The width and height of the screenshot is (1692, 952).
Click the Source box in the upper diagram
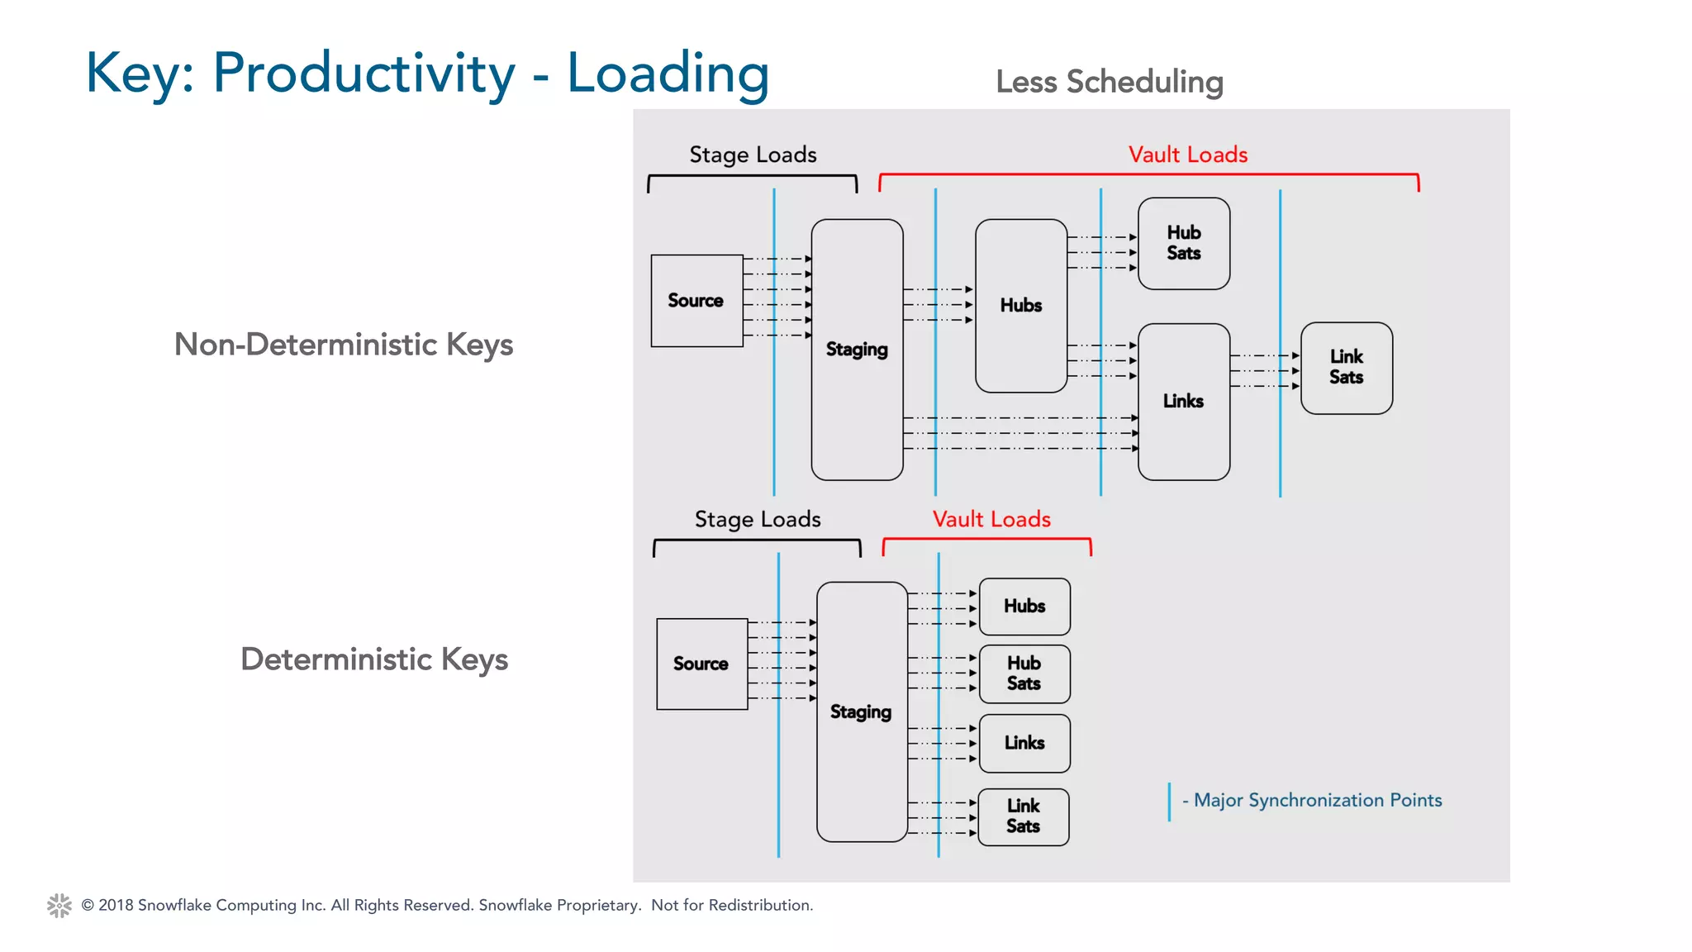696,301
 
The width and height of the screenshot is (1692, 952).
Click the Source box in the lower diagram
701,664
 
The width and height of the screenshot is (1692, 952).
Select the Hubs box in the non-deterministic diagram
1021,306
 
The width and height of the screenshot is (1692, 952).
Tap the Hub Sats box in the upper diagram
1183,243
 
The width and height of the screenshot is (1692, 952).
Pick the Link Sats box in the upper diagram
1346,368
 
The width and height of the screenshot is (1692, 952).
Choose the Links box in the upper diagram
1183,402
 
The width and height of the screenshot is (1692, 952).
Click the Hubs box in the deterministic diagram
1024,607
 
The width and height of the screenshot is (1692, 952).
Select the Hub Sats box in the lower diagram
1024,674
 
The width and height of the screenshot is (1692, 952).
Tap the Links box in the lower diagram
1024,743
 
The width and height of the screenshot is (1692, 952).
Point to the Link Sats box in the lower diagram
1023,816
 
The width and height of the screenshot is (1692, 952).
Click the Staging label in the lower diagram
861,712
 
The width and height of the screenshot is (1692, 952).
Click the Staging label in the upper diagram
857,350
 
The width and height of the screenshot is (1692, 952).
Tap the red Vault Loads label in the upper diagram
1187,155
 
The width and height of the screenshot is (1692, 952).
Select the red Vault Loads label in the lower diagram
991,519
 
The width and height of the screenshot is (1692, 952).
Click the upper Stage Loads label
753,155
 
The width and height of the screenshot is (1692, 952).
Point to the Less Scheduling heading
1109,82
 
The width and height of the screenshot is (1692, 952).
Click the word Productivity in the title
364,74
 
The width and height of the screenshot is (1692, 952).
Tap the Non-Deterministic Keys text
344,345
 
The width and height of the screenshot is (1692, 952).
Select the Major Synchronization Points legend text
1317,800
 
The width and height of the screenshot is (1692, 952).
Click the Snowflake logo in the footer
59,905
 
